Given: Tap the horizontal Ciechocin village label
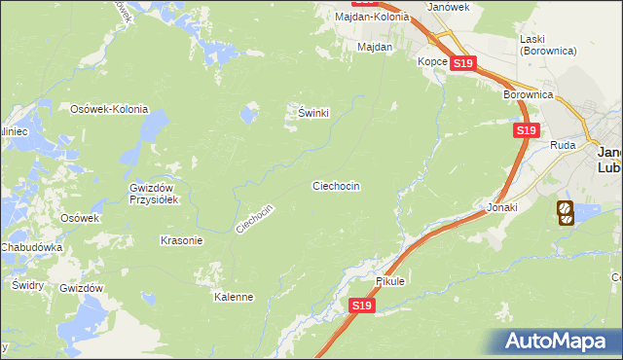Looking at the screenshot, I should point(336,185).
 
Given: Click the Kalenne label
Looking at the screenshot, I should point(234,297).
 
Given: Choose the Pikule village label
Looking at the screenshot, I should point(389,281).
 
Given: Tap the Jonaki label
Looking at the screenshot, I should point(502,208).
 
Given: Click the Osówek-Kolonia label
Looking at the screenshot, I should point(108,109).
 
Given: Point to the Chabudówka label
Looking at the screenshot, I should point(32,248).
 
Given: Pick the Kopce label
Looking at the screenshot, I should point(432,61).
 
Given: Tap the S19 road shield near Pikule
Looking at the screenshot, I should point(361,306).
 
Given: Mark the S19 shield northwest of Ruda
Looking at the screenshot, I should point(526,129).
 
